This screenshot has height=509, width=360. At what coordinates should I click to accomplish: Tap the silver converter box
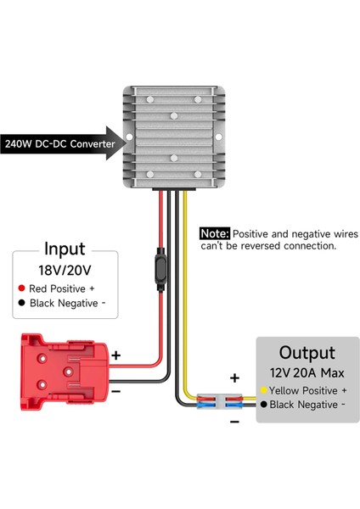coord(174,136)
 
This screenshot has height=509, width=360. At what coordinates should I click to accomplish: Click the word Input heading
coord(65,249)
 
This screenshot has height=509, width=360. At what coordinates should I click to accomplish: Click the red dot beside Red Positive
coord(22,288)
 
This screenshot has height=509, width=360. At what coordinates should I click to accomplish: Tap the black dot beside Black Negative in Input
coord(22,302)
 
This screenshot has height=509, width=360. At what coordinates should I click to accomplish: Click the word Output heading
coord(307,352)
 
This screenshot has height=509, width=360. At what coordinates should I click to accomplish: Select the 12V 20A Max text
coord(307,373)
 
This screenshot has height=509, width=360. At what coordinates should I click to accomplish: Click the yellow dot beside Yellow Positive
coord(265,390)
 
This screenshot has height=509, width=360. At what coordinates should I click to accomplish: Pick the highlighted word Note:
coord(214,232)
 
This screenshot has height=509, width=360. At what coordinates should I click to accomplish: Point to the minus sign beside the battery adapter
coord(116,392)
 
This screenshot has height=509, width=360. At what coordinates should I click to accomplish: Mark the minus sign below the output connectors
coord(235,420)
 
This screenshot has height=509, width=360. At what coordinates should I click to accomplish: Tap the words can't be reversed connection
coord(268,246)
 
